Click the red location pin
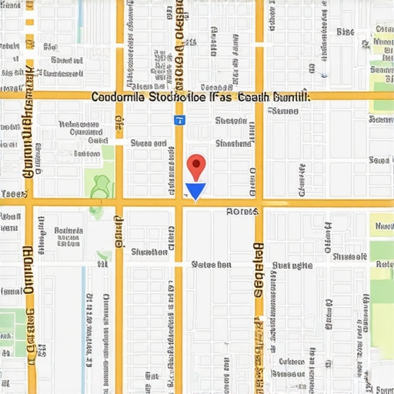click(197, 165)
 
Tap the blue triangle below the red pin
click(196, 192)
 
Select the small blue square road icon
click(179, 120)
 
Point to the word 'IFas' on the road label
click(222, 98)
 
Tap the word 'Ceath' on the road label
click(255, 98)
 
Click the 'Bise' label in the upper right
click(346, 32)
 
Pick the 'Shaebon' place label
click(232, 121)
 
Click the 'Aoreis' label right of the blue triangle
click(242, 211)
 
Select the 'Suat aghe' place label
click(292, 265)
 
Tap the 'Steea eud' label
click(149, 143)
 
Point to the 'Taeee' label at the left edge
click(12, 195)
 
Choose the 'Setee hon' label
click(211, 264)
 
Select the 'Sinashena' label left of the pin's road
click(149, 252)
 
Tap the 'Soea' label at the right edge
click(380, 161)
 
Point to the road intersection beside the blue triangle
click(179, 202)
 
